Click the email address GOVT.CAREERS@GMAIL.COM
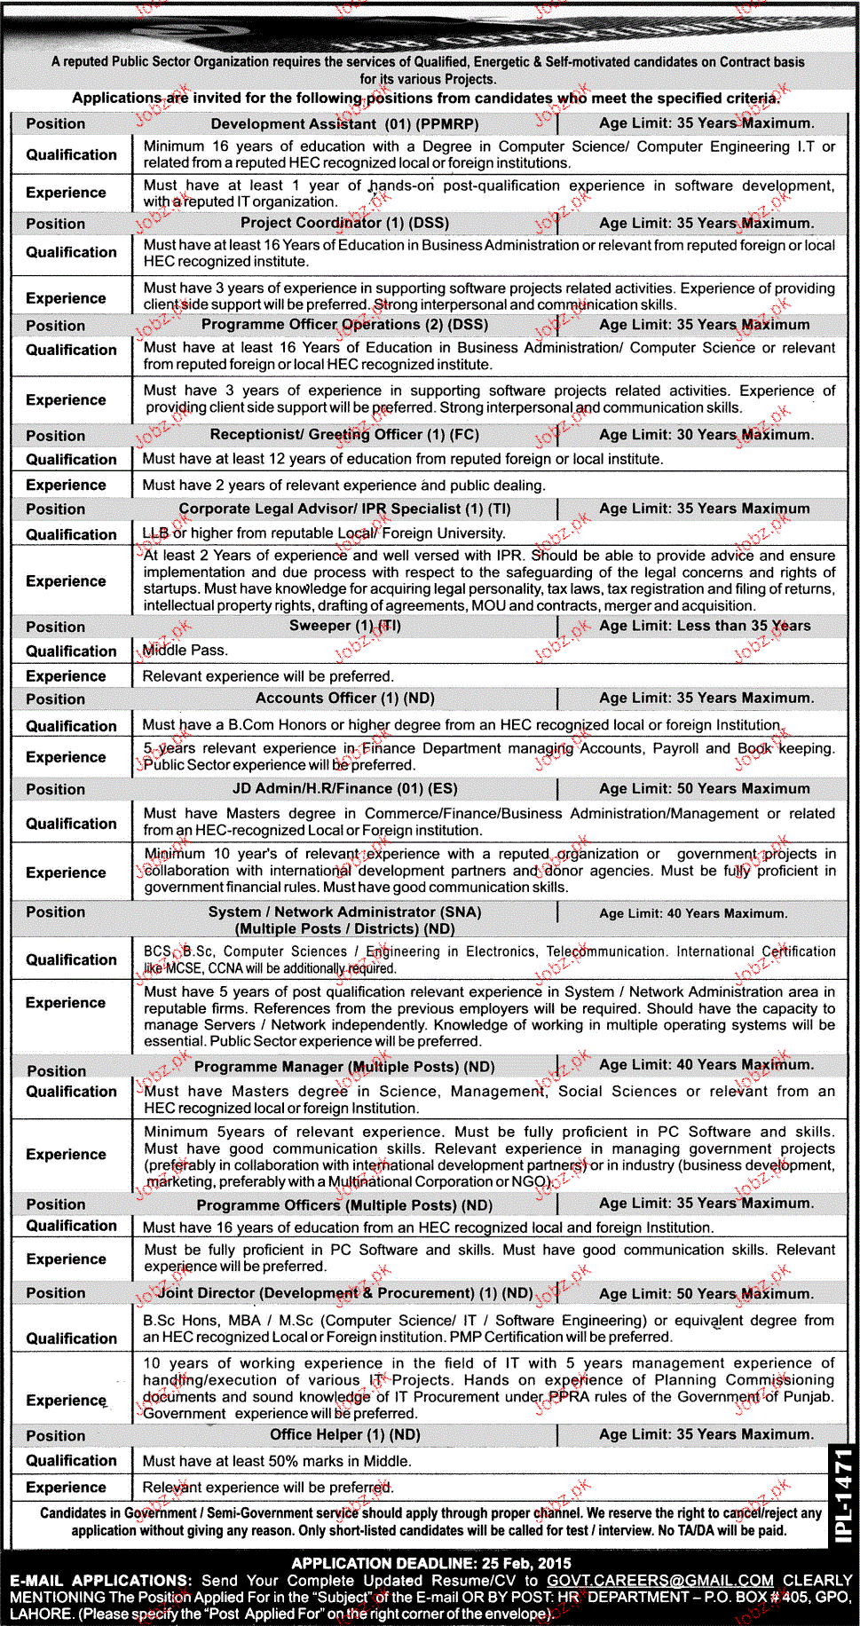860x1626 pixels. tap(659, 1580)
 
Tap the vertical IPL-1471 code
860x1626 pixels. tap(842, 1496)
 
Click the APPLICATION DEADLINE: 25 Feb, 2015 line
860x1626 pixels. tap(430, 1563)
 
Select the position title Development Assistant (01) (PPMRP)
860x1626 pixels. tap(344, 124)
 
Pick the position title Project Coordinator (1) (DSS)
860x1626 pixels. tap(344, 224)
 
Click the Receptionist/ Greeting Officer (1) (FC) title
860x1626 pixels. tap(344, 435)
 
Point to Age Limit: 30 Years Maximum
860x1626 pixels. tap(706, 435)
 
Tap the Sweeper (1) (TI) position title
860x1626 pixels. tap(344, 626)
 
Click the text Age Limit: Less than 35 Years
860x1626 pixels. tap(705, 626)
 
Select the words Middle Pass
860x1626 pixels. tap(185, 651)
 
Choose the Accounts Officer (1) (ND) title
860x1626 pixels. tap(344, 699)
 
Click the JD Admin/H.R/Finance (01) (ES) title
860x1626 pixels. tap(344, 789)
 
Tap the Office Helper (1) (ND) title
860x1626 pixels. tap(344, 1435)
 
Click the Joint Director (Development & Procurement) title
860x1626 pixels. tap(345, 1293)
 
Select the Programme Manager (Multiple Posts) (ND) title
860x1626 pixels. tap(344, 1067)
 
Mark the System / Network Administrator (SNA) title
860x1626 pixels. tap(344, 912)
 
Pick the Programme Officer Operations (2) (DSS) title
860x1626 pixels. tap(344, 325)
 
